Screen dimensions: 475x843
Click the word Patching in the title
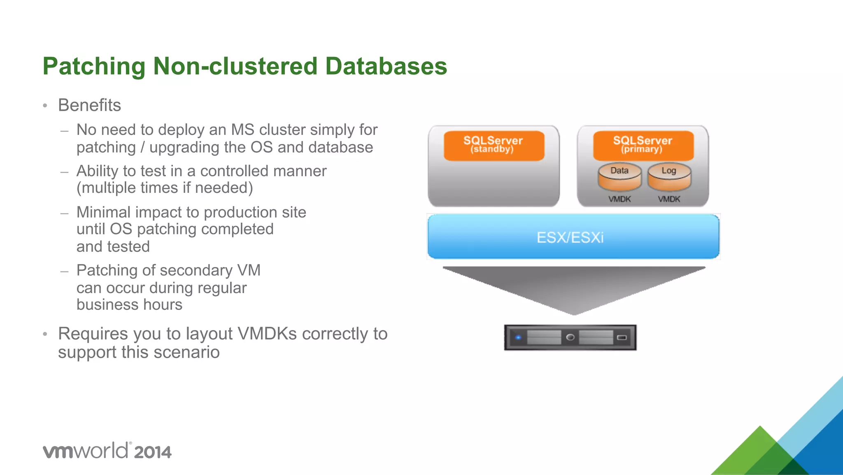[94, 66]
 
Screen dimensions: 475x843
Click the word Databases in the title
[386, 66]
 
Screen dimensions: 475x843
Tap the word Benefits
[89, 105]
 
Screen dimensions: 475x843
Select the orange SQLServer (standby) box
[494, 145]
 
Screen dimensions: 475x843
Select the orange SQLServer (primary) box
[643, 145]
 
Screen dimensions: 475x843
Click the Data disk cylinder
[619, 177]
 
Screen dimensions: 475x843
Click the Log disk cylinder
[669, 177]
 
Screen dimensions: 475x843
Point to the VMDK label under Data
[619, 199]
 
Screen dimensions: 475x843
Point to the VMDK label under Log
[669, 199]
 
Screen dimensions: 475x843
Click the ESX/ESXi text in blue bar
[570, 238]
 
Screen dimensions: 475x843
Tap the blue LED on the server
[518, 337]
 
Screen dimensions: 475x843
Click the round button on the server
[570, 337]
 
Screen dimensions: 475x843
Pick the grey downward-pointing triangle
[574, 288]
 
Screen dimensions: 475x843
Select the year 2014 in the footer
[153, 452]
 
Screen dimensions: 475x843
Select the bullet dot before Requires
[45, 334]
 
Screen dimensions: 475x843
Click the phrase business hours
[129, 305]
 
